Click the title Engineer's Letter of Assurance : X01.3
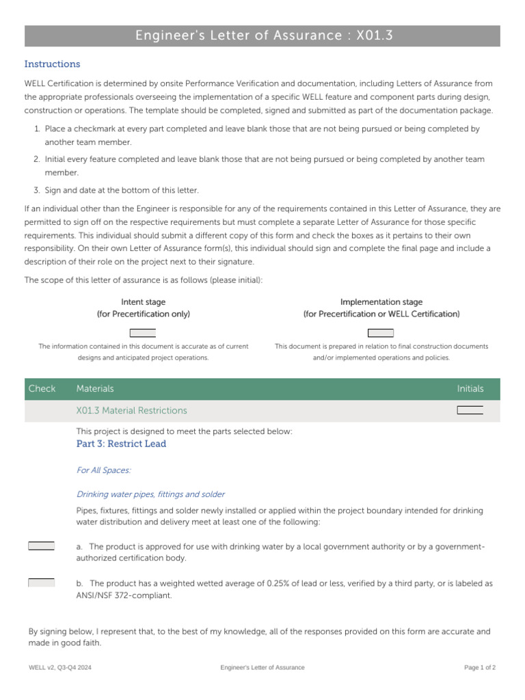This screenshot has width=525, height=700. [263, 36]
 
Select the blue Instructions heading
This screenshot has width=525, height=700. [52, 64]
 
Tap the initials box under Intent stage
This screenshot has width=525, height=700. [143, 333]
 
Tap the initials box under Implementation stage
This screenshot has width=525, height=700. [381, 333]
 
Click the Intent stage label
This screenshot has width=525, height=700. [143, 302]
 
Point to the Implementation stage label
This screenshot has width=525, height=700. [381, 302]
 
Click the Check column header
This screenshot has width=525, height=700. [42, 389]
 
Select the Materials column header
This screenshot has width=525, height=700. [95, 389]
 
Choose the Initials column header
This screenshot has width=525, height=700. [470, 389]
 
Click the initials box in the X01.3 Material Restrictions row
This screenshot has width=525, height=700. [470, 410]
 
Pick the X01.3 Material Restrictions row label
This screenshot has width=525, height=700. [131, 411]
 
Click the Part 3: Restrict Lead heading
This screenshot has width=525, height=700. [121, 444]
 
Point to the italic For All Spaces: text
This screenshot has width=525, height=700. [103, 470]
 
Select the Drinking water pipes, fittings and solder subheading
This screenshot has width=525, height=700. [150, 494]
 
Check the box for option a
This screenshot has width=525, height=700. [41, 546]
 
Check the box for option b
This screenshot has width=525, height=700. [41, 582]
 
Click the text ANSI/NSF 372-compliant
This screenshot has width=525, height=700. [124, 595]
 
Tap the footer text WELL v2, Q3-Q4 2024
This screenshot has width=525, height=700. [59, 667]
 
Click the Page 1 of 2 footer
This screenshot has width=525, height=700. [479, 667]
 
